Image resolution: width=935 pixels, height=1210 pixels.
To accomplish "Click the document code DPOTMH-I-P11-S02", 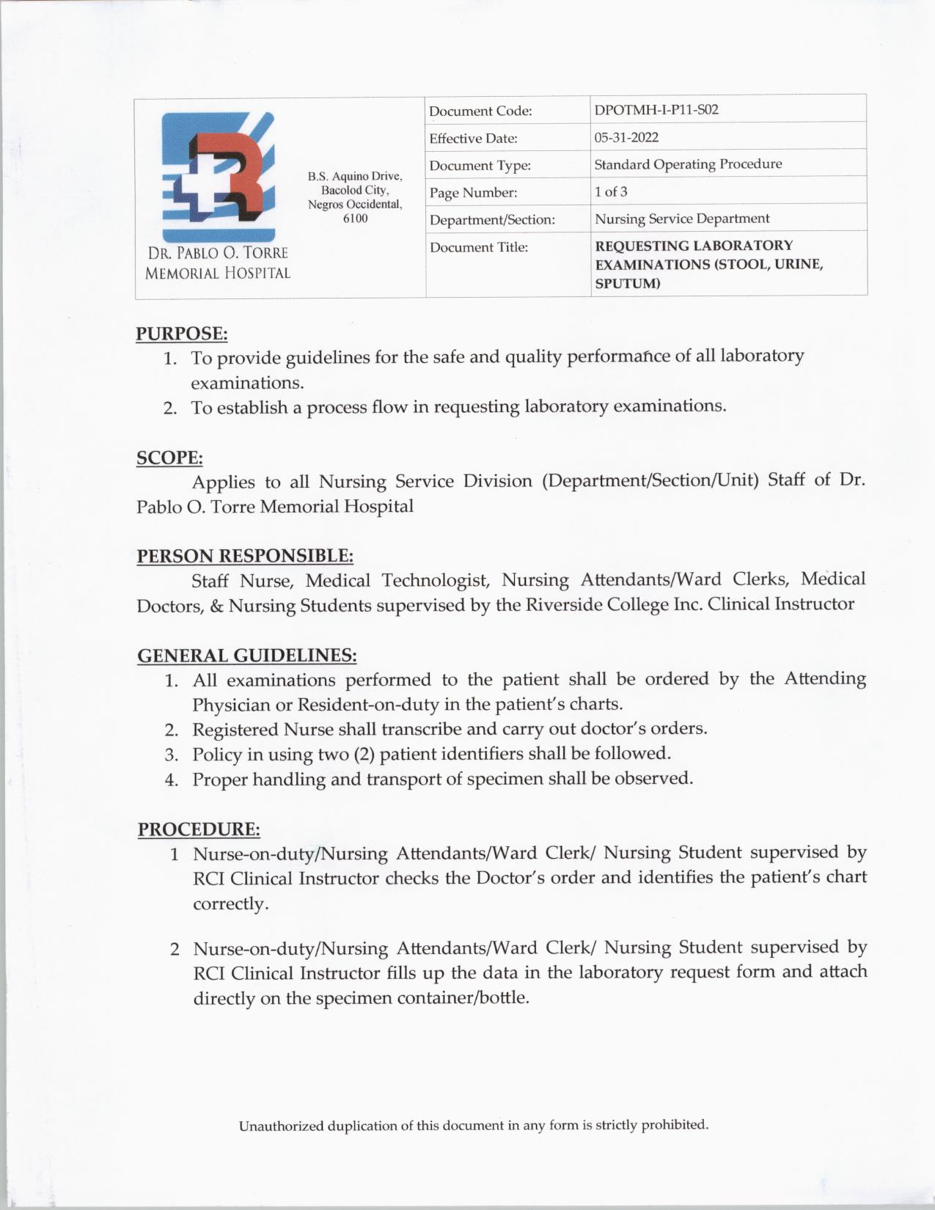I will click(656, 110).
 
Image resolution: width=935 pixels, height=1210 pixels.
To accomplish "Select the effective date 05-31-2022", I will click(626, 137).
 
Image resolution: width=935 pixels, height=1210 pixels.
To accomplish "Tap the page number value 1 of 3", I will click(610, 191).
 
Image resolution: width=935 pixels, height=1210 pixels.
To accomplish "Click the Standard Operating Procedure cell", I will click(687, 164).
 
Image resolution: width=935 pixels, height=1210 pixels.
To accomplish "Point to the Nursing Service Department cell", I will click(681, 219).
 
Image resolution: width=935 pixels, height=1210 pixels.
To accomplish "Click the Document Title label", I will click(478, 247).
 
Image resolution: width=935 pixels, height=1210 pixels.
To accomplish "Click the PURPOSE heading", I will click(182, 334).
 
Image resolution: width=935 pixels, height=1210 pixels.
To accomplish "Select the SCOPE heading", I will click(169, 458).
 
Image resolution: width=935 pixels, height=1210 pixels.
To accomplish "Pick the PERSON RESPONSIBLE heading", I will click(245, 555).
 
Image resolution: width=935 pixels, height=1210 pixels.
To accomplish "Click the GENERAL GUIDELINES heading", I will click(246, 654).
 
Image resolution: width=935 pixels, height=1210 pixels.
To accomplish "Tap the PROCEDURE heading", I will click(199, 829).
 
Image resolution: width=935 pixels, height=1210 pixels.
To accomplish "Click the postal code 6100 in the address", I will click(355, 219).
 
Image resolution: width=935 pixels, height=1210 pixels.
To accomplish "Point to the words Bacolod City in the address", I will click(355, 190).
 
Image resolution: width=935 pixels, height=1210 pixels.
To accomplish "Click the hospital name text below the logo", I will click(217, 263).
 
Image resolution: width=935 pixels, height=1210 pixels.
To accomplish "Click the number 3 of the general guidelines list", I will click(172, 755).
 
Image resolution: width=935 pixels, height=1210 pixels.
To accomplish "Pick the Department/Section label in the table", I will click(492, 219).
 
